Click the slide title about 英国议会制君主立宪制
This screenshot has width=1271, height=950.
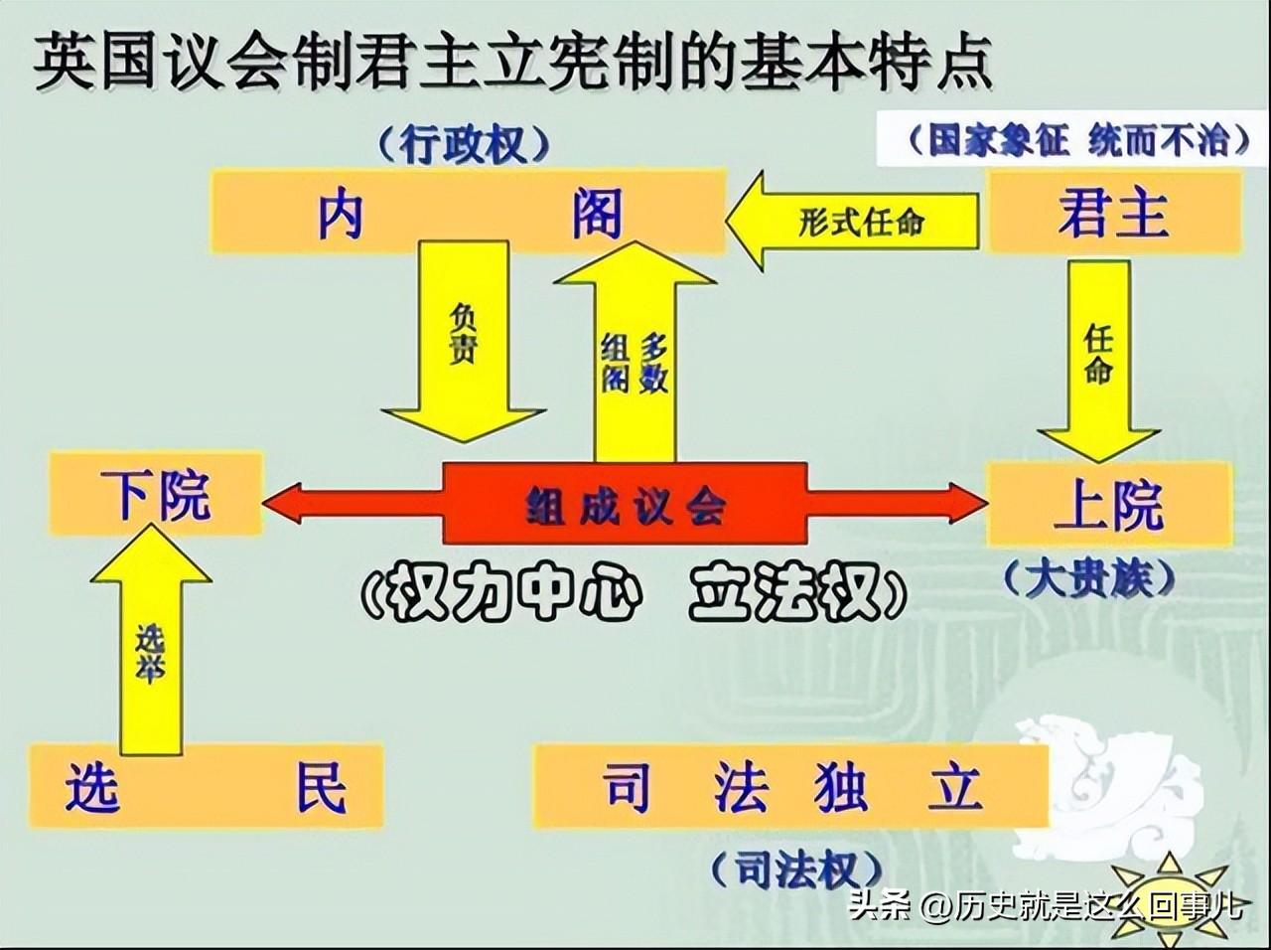pos(512,62)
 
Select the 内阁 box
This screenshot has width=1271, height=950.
pos(468,211)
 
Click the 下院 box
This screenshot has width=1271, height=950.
pos(155,494)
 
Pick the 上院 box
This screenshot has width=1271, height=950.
pos(1108,503)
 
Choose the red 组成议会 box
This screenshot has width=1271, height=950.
pos(626,503)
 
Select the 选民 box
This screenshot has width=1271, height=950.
pos(207,785)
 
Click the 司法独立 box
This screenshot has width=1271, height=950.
pos(791,787)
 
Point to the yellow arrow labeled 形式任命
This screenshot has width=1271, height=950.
pos(852,222)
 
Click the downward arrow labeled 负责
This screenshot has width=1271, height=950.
pos(464,342)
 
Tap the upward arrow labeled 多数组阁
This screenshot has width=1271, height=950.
pos(635,352)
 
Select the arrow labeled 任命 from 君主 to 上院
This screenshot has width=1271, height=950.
pos(1099,361)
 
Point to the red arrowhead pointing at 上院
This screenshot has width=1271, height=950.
pos(968,503)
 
